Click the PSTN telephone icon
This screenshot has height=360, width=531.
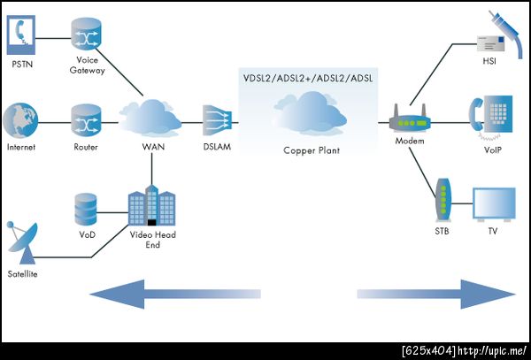19,33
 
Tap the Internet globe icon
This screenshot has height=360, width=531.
20,119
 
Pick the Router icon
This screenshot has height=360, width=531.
87,119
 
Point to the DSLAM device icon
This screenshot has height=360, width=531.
216,119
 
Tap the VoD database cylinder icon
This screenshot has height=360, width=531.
86,208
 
